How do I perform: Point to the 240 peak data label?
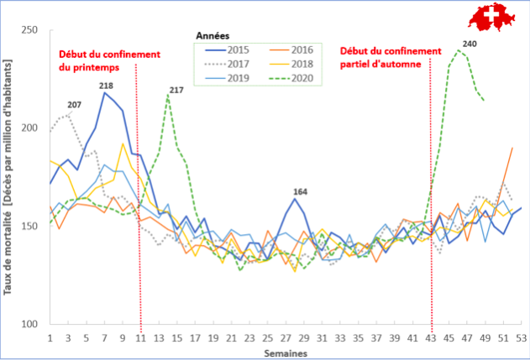tap(470, 44)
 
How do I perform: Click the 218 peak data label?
tap(107, 86)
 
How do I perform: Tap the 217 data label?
tap(176, 90)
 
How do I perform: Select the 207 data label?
tap(75, 105)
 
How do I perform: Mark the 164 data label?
tap(300, 191)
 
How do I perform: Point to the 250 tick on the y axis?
tap(31, 31)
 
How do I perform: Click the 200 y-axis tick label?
tap(31, 128)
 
